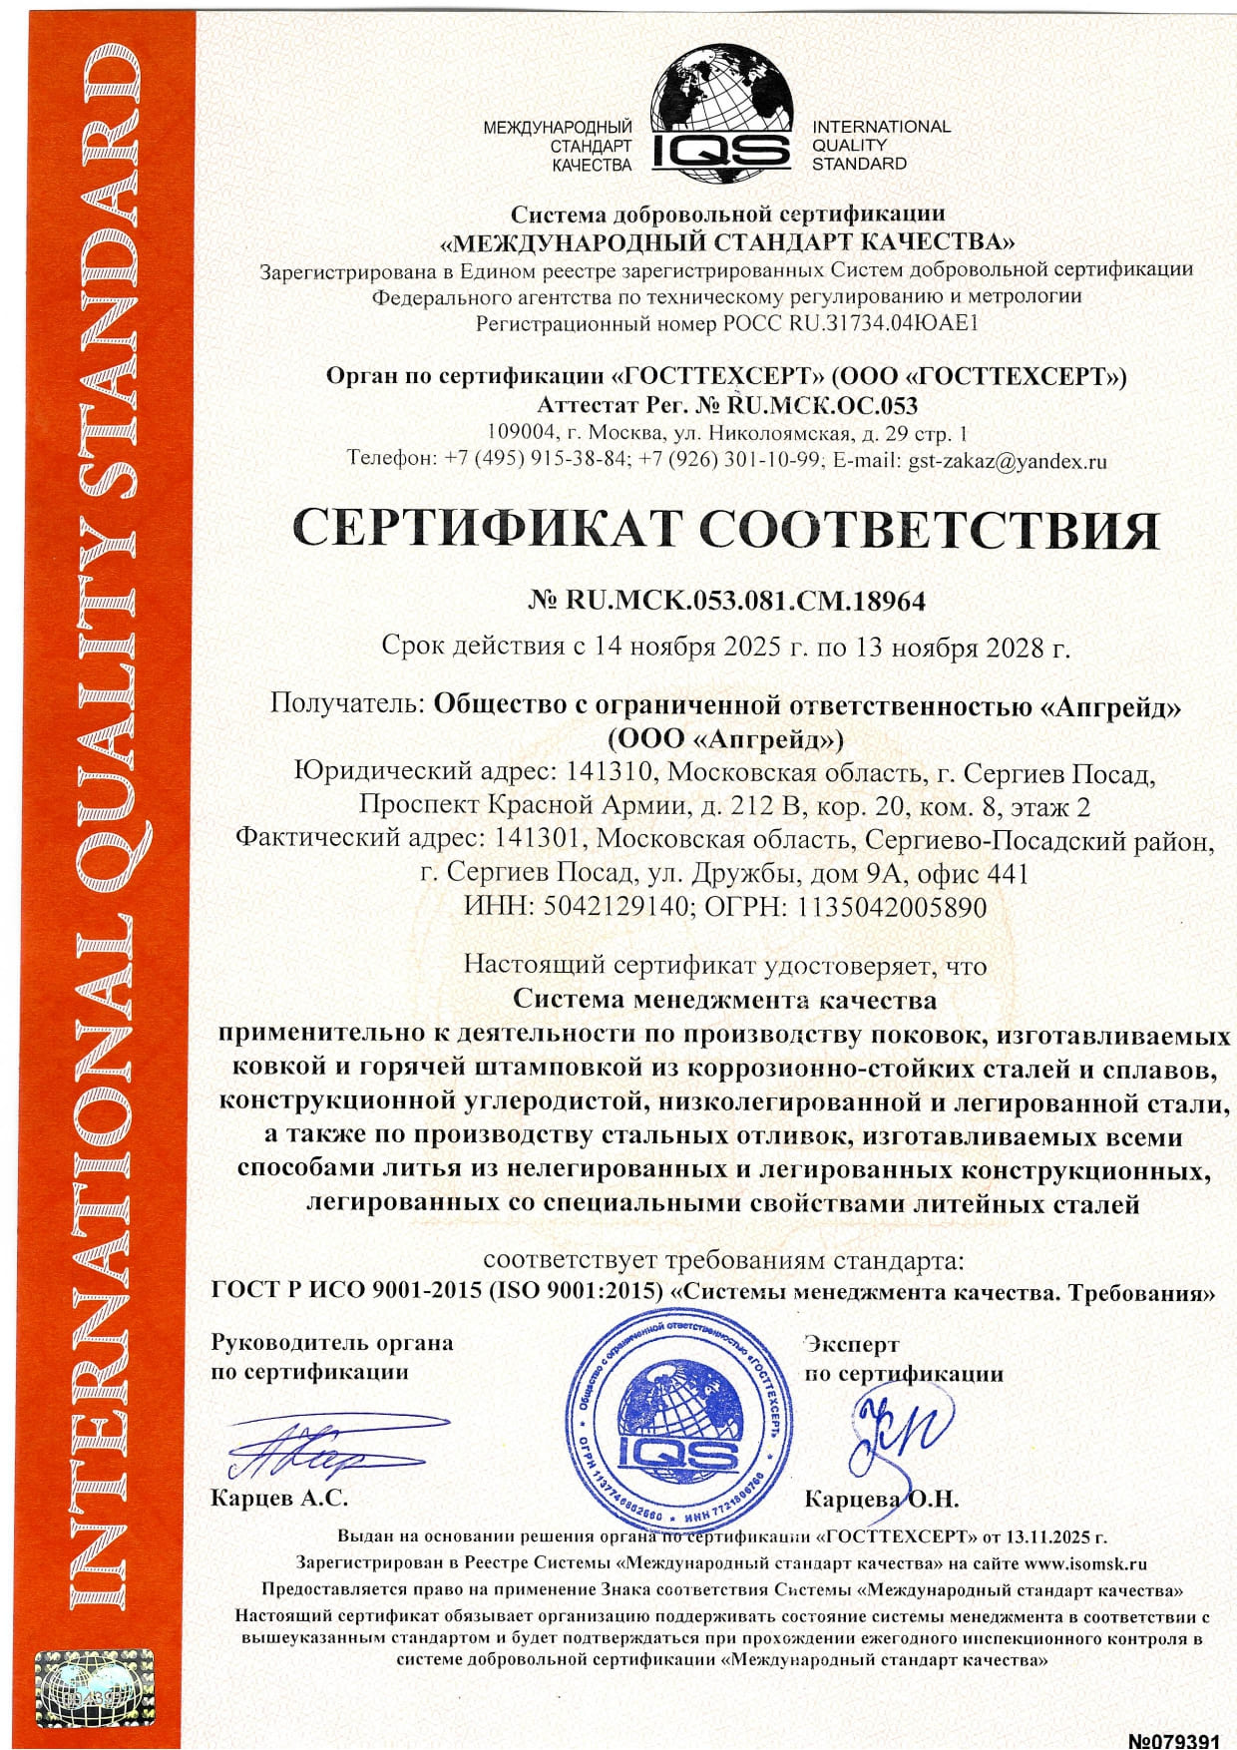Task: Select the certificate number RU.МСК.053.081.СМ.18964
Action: click(x=745, y=601)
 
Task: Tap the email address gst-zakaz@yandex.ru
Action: click(x=1008, y=461)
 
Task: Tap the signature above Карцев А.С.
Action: click(x=319, y=1446)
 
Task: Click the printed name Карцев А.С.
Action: click(x=279, y=1499)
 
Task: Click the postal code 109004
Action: click(x=521, y=433)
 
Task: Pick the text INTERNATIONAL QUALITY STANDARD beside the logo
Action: click(x=880, y=145)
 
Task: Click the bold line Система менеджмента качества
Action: click(x=724, y=999)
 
